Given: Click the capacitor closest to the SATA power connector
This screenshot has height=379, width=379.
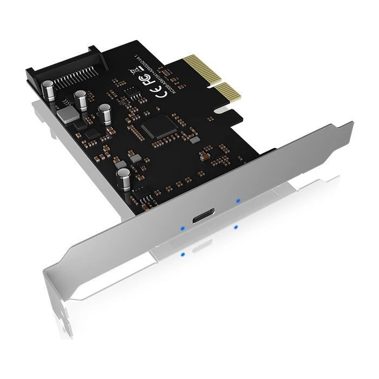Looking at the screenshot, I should point(48,90).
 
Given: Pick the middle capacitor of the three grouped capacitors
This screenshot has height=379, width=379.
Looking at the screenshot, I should point(82,100).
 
